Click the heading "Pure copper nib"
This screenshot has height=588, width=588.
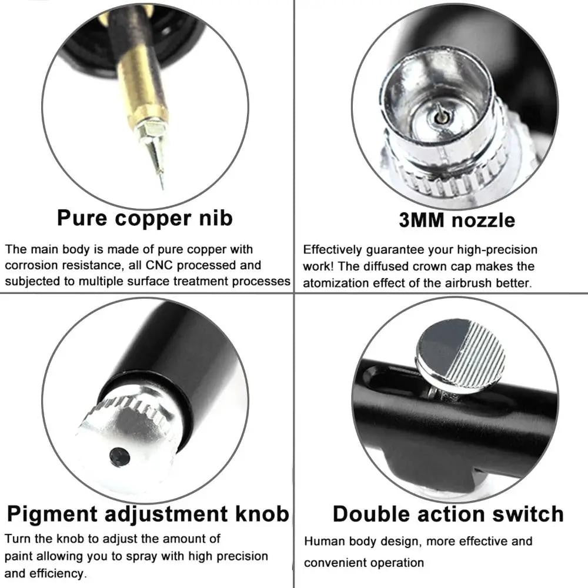pyautogui.click(x=145, y=218)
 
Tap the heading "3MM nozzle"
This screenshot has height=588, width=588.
pyautogui.click(x=456, y=220)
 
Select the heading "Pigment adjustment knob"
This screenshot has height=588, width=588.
pyautogui.click(x=148, y=513)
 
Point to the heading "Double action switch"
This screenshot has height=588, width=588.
pyautogui.click(x=448, y=513)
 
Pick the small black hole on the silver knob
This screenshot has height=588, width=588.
pyautogui.click(x=119, y=456)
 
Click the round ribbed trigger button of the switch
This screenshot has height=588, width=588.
pyautogui.click(x=460, y=355)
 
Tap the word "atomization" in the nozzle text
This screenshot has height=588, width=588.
pyautogui.click(x=334, y=283)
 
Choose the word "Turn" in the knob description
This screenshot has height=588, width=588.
pyautogui.click(x=17, y=539)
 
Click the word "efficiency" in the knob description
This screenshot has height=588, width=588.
pyautogui.click(x=58, y=573)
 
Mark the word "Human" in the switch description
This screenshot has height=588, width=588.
pyautogui.click(x=323, y=542)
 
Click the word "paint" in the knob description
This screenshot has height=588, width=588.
pyautogui.click(x=19, y=556)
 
